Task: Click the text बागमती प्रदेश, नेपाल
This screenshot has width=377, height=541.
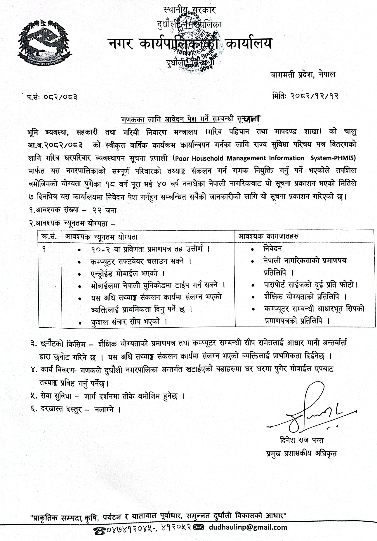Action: tap(302, 75)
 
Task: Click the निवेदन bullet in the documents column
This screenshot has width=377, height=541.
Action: tap(272, 249)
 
